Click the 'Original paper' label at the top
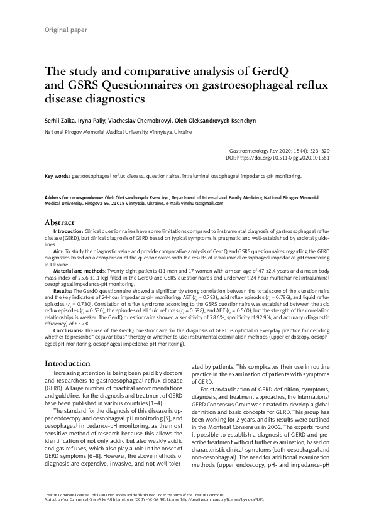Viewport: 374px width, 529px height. (65, 30)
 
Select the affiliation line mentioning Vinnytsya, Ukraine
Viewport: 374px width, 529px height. (118, 133)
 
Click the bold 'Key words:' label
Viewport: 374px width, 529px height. (57, 177)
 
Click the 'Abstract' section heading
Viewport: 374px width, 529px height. (60, 222)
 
